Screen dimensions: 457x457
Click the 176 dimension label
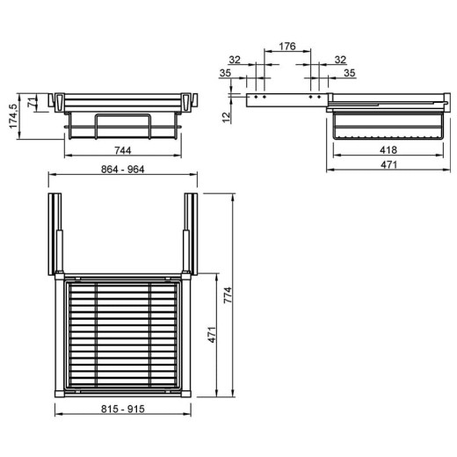287,47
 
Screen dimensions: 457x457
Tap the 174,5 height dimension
14,116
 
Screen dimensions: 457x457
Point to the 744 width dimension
123,150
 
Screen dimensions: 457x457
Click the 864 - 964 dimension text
123,170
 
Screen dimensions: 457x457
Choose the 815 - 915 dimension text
123,409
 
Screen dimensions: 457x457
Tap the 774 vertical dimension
228,295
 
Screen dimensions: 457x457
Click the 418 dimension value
388,150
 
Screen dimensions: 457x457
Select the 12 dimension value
227,118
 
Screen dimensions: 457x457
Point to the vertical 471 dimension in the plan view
212,335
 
